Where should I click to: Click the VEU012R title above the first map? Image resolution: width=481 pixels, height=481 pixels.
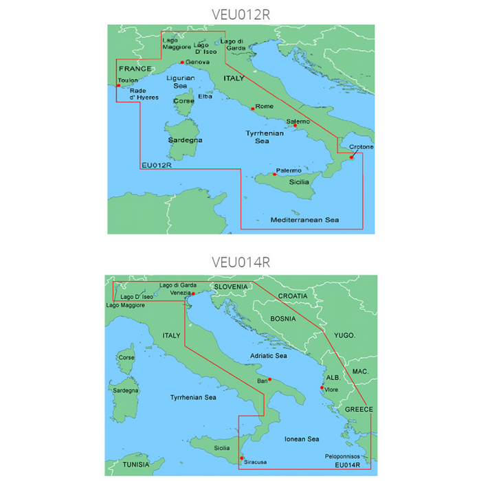(240, 14)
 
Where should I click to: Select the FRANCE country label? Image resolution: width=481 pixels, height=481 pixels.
(135, 69)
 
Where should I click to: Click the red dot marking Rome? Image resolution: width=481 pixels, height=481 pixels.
(251, 108)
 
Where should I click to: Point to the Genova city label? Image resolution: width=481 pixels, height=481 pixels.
(197, 62)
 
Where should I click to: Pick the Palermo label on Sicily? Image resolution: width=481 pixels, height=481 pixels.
(289, 170)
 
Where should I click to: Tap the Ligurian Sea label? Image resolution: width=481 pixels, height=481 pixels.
(180, 82)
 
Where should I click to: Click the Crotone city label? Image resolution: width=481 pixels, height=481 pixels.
(361, 147)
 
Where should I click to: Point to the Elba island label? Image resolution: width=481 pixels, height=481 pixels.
(205, 96)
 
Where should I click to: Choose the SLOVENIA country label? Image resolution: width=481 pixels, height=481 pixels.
(232, 286)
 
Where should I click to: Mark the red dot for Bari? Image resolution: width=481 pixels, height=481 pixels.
(270, 379)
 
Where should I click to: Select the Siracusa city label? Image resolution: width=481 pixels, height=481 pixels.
(255, 462)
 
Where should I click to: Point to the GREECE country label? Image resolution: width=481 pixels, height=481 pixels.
(358, 410)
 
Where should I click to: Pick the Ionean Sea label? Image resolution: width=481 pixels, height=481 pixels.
(302, 438)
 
